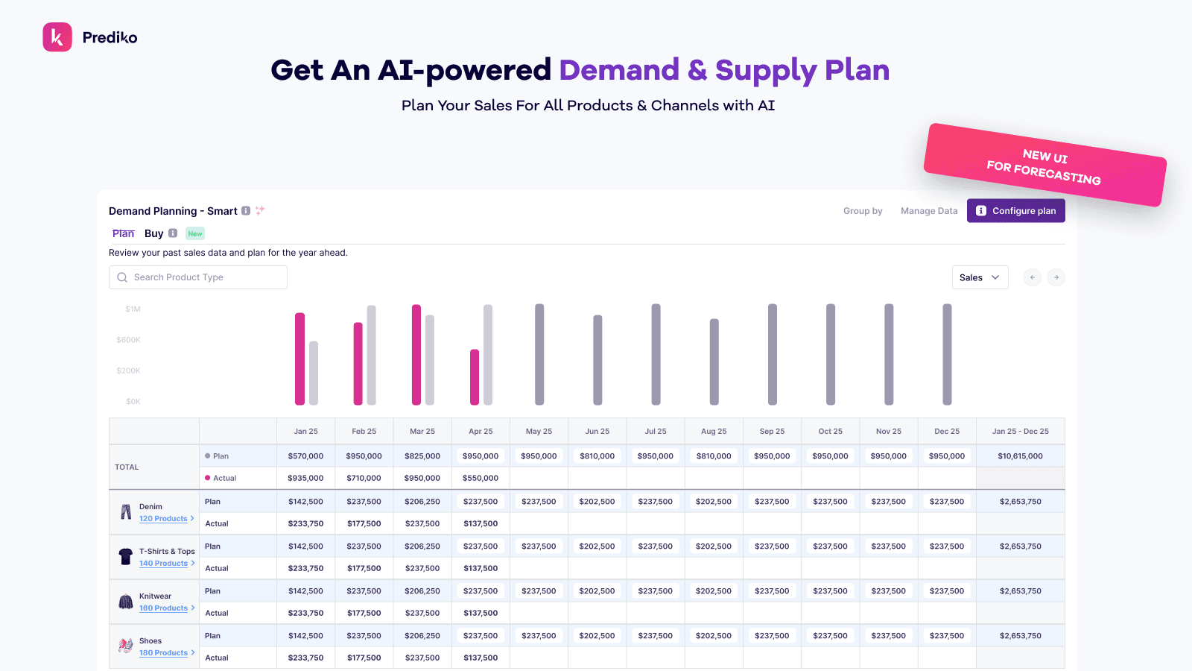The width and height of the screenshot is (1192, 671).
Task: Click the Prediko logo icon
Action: [57, 37]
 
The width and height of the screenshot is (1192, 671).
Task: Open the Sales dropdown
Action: [980, 277]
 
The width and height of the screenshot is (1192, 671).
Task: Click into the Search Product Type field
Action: [198, 277]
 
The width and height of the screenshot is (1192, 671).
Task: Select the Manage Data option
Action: [929, 211]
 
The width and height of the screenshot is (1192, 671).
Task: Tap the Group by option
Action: [863, 211]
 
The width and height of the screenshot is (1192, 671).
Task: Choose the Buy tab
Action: [154, 233]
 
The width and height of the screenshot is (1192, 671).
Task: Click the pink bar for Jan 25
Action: [300, 359]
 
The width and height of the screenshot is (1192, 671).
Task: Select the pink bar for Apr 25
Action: [475, 377]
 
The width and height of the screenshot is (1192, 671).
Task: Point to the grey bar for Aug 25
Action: [714, 362]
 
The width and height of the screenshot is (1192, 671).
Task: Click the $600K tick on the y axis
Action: [129, 340]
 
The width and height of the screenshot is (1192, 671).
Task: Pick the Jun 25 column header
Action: [597, 431]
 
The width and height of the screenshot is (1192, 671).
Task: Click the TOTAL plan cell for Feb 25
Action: [364, 456]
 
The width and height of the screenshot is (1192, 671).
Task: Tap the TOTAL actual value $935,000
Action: [305, 478]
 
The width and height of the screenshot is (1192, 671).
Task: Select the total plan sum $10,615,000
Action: [1020, 456]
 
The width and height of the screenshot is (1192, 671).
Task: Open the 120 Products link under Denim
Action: [163, 519]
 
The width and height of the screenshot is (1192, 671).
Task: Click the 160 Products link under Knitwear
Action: [163, 608]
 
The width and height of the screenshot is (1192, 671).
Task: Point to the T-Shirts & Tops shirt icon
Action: [126, 556]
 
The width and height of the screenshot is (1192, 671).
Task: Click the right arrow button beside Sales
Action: [1056, 277]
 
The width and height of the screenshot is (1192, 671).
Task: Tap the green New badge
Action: [195, 233]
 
